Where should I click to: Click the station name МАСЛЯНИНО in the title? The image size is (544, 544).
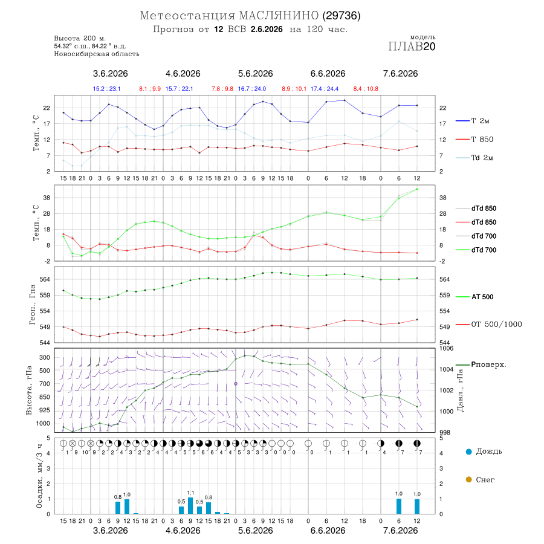point(279,16)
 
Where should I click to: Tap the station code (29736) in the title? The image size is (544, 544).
point(342,16)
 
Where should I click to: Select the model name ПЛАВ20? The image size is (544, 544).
point(412,47)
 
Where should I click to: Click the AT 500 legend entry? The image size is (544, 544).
point(482,297)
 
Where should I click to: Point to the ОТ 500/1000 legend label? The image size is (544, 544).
point(496,325)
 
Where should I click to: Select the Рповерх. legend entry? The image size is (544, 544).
point(488,364)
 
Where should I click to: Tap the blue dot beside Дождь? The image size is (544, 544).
point(469,452)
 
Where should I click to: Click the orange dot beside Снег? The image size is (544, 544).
point(469,479)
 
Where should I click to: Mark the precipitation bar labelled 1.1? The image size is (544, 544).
point(190,505)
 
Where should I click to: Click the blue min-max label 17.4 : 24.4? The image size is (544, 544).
point(325,89)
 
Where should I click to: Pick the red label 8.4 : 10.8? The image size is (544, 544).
point(366,89)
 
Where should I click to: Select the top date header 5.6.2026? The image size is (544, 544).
point(255,74)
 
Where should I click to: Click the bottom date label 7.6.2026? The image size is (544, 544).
point(400,531)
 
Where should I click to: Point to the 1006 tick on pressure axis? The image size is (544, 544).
point(446,348)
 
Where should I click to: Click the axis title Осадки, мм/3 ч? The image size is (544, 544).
point(39,476)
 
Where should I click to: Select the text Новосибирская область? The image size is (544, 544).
point(97,54)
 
